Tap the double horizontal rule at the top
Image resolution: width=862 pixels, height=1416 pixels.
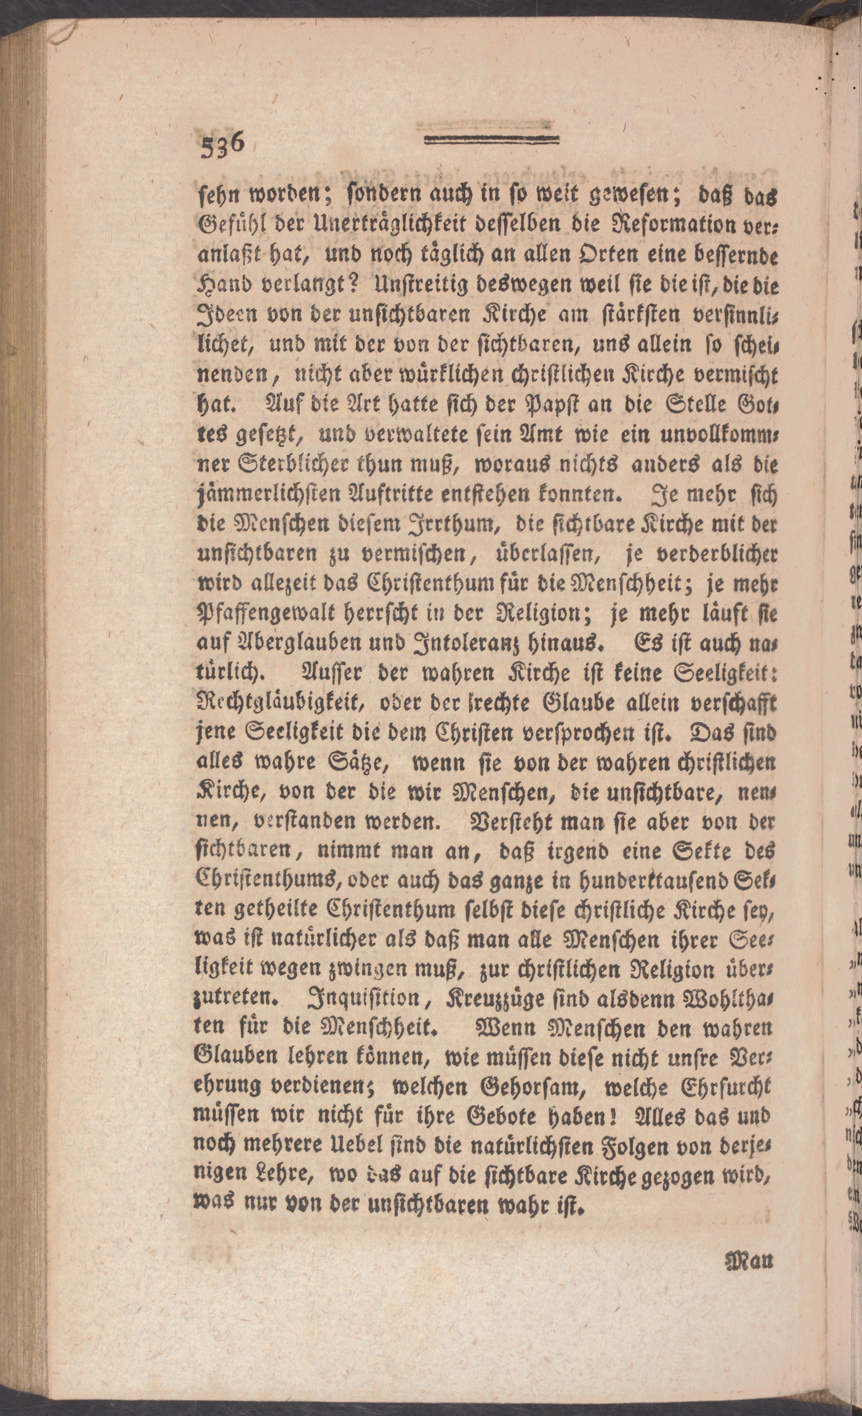point(492,139)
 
